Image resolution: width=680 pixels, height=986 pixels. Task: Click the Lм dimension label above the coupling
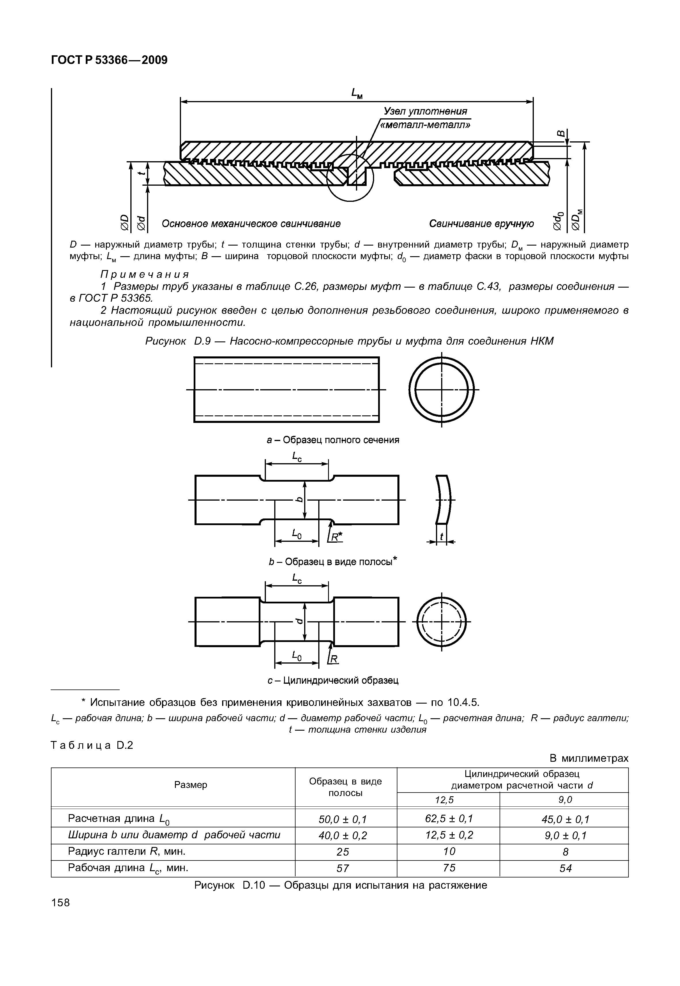click(357, 93)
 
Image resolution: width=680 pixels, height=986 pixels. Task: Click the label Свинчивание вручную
click(481, 224)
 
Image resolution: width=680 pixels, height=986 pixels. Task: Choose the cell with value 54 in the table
click(565, 868)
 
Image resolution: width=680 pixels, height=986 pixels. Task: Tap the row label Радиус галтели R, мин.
click(127, 851)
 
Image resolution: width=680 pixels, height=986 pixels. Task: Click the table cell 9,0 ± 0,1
click(565, 835)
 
